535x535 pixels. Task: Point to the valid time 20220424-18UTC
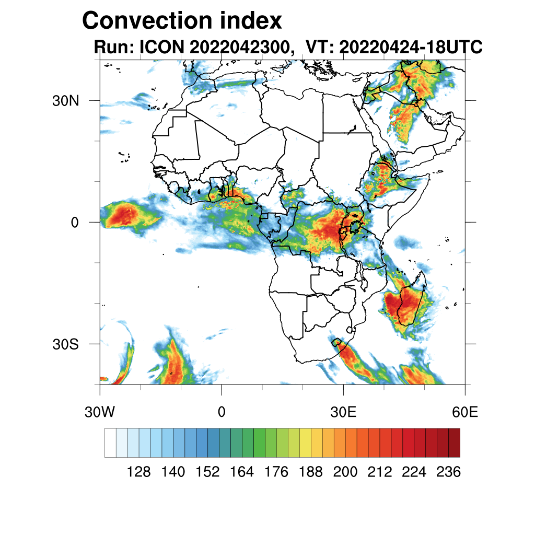pos(410,48)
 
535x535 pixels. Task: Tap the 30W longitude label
pos(100,412)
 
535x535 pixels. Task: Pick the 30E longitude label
pos(344,412)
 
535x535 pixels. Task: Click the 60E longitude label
pos(464,412)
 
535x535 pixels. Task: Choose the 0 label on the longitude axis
pos(222,412)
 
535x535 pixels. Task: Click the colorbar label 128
pos(139,472)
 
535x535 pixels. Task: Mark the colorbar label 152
pos(207,472)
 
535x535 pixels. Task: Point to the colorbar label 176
pos(276,472)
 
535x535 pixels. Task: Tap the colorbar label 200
pos(345,472)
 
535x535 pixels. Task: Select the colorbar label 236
pos(448,472)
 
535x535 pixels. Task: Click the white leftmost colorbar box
pos(110,443)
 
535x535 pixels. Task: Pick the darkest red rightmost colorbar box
pos(454,443)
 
